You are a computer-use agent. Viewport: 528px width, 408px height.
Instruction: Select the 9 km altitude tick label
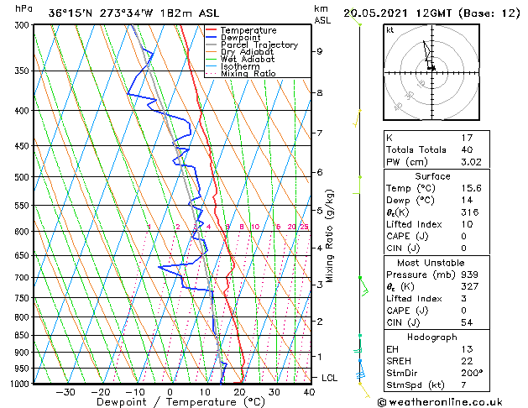click(x=319, y=51)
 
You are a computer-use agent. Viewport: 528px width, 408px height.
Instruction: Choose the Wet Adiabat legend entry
click(x=248, y=60)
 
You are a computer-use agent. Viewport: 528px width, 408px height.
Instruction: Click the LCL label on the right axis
click(x=330, y=378)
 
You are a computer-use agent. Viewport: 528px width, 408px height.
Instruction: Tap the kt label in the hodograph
click(x=390, y=30)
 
